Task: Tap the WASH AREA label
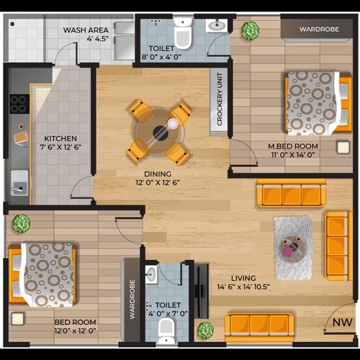tap(86, 30)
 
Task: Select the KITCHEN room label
tap(60, 138)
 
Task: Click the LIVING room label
tap(245, 277)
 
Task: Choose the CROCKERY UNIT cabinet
tap(217, 102)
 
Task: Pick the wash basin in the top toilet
tap(216, 26)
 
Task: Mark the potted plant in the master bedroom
tap(251, 30)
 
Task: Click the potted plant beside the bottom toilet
tap(205, 330)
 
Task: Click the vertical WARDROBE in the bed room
tap(132, 300)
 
